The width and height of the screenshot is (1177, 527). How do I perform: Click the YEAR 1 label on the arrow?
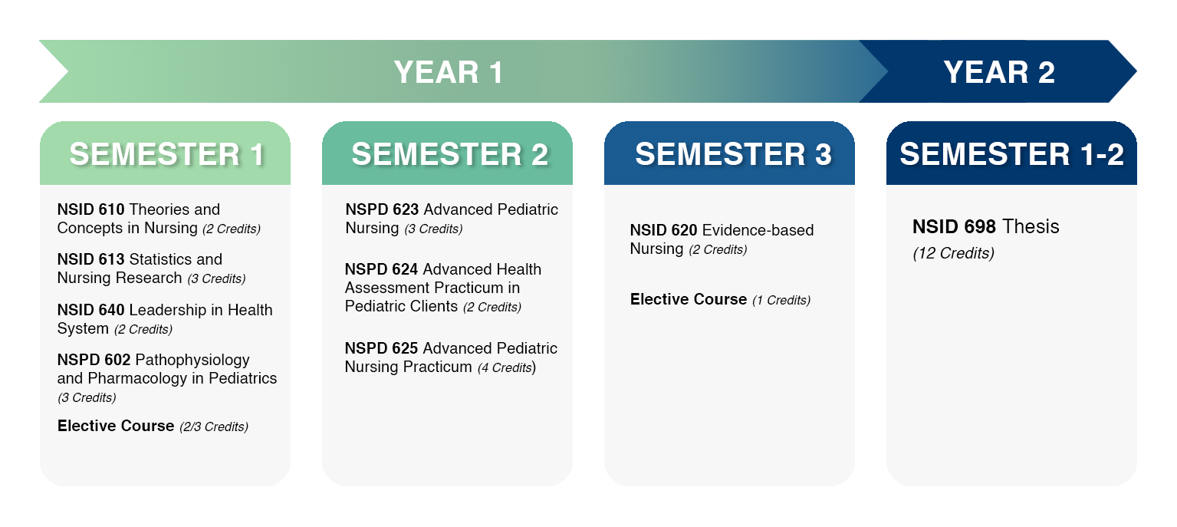(x=449, y=72)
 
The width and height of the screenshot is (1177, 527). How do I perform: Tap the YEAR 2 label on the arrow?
(x=999, y=72)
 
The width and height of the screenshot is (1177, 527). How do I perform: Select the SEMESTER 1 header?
(x=167, y=154)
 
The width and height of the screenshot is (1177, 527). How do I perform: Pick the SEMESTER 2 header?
(x=450, y=154)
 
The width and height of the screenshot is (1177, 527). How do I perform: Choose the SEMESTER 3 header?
(x=733, y=154)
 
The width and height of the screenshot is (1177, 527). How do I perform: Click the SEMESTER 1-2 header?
(x=1011, y=154)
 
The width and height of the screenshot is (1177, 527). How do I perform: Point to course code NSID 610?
(x=91, y=209)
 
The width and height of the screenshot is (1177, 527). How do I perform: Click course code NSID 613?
(x=91, y=259)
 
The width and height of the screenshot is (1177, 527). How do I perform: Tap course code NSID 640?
(x=91, y=309)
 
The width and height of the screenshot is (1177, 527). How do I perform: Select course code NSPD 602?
(x=94, y=360)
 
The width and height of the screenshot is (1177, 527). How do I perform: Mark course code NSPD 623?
(x=382, y=209)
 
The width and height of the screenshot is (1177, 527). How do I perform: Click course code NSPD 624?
(x=382, y=269)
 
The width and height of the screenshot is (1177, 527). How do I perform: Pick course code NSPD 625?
(x=382, y=347)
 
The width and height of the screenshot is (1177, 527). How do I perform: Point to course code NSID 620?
(x=663, y=229)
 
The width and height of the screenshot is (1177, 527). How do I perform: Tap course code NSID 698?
(x=954, y=226)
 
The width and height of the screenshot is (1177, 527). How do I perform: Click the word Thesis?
(x=1031, y=226)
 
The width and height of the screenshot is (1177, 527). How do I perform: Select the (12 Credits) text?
(x=954, y=253)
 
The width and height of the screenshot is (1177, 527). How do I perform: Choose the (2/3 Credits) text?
(x=214, y=427)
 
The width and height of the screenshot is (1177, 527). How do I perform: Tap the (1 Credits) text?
(x=781, y=300)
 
